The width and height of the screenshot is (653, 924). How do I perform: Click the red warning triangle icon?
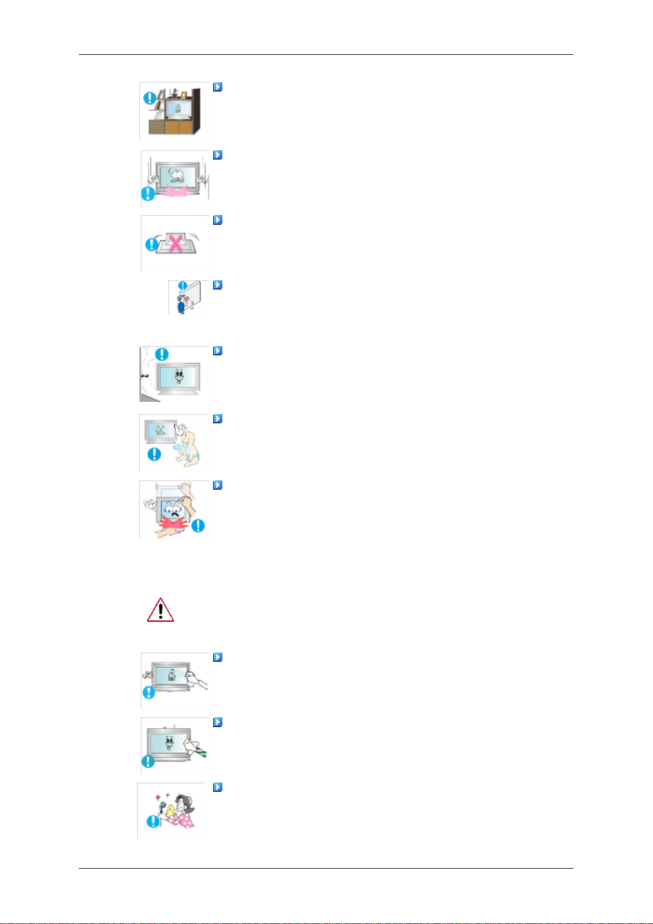click(x=161, y=610)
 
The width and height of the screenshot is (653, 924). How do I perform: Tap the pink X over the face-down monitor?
click(x=175, y=243)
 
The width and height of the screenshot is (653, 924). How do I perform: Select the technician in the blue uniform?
click(x=181, y=302)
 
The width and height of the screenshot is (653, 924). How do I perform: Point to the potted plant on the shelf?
click(x=175, y=93)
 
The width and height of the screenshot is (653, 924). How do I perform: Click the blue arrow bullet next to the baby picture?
click(x=217, y=419)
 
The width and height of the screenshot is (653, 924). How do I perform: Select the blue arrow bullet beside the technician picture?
click(x=217, y=285)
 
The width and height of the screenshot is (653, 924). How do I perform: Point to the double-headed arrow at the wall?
click(x=145, y=376)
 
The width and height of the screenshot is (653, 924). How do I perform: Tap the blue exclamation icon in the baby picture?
click(x=155, y=454)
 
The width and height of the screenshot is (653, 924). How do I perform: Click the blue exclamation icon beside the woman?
click(x=152, y=821)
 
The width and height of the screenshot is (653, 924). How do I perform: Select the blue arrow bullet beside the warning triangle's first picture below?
click(x=217, y=657)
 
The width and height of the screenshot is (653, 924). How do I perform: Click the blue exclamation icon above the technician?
click(x=184, y=286)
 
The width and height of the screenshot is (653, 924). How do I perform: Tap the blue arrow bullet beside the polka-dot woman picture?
click(x=217, y=787)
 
